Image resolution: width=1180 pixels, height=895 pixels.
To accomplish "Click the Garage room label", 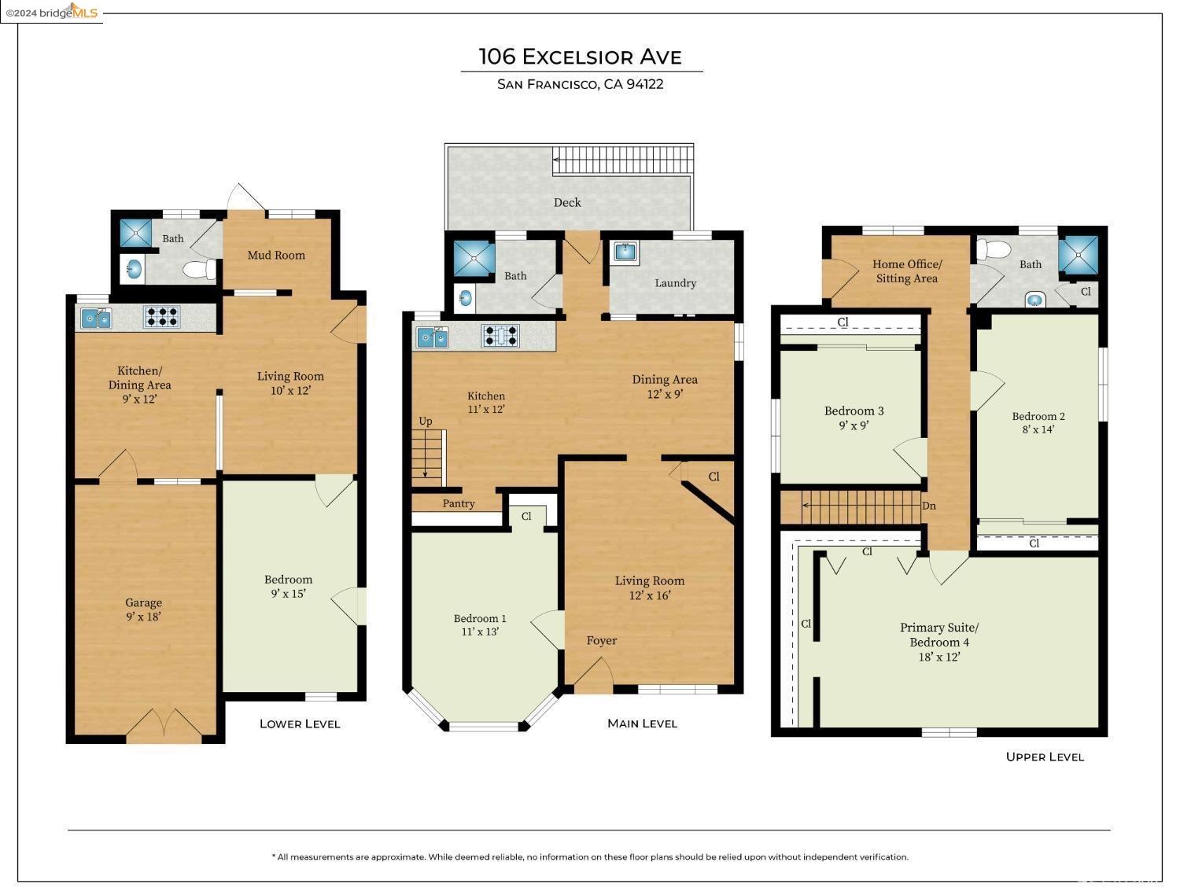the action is pyautogui.click(x=143, y=602).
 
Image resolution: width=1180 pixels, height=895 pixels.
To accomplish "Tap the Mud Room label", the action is pyautogui.click(x=276, y=255).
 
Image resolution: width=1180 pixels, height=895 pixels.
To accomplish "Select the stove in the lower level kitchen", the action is pyautogui.click(x=162, y=316).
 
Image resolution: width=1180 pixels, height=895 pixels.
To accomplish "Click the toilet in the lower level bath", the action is pyautogui.click(x=200, y=269).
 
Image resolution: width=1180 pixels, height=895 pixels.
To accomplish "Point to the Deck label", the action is pyautogui.click(x=567, y=203).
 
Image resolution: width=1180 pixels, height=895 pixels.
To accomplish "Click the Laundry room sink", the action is pyautogui.click(x=625, y=251).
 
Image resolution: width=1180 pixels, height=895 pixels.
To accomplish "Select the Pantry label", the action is pyautogui.click(x=459, y=503).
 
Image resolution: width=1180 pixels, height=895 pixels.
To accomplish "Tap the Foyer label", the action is pyautogui.click(x=602, y=640).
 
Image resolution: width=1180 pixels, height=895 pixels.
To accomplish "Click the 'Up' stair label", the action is pyautogui.click(x=426, y=422).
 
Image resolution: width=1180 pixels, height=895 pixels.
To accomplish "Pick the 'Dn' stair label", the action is pyautogui.click(x=928, y=506).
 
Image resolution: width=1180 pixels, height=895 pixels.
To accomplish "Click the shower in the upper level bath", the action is pyautogui.click(x=1078, y=254).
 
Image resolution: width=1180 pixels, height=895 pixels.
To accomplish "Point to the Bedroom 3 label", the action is pyautogui.click(x=854, y=411).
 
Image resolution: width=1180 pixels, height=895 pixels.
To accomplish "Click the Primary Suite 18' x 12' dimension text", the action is pyautogui.click(x=938, y=657).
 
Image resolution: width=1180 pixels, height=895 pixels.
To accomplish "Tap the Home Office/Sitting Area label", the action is pyautogui.click(x=907, y=271).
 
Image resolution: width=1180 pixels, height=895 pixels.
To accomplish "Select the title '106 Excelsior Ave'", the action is pyautogui.click(x=580, y=57).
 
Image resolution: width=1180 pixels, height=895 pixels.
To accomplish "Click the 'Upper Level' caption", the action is pyautogui.click(x=1045, y=757).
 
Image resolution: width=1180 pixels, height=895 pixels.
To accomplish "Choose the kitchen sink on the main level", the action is pyautogui.click(x=432, y=337).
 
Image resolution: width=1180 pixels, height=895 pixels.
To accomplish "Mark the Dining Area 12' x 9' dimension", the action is pyautogui.click(x=665, y=394).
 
